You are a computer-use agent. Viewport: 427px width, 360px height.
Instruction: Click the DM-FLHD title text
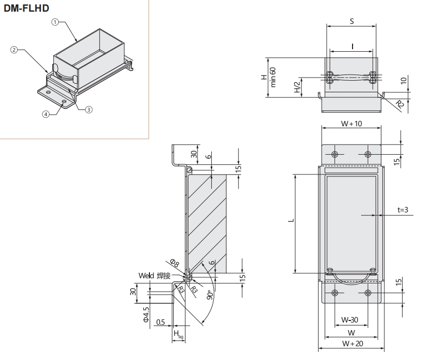27,8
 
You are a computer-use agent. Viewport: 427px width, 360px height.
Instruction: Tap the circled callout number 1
56,22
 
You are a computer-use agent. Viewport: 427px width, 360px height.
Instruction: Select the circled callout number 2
14,50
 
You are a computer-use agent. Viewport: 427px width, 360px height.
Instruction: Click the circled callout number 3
88,109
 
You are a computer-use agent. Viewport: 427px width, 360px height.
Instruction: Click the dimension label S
352,21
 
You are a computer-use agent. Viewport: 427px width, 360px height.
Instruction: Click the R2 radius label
399,104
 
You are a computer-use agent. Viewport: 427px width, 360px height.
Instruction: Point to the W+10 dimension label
352,124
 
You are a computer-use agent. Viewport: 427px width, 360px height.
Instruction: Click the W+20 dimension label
351,343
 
